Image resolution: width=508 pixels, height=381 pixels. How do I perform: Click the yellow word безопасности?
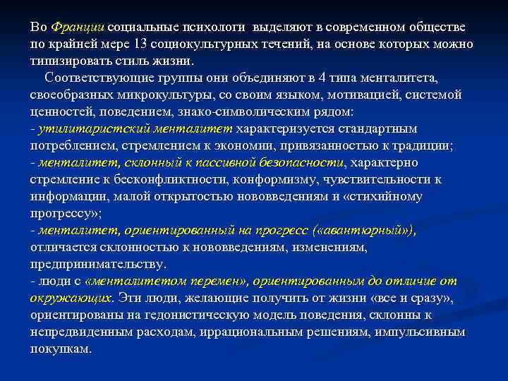[x=300, y=162]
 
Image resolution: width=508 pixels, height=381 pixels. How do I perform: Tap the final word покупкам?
[x=61, y=348]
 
